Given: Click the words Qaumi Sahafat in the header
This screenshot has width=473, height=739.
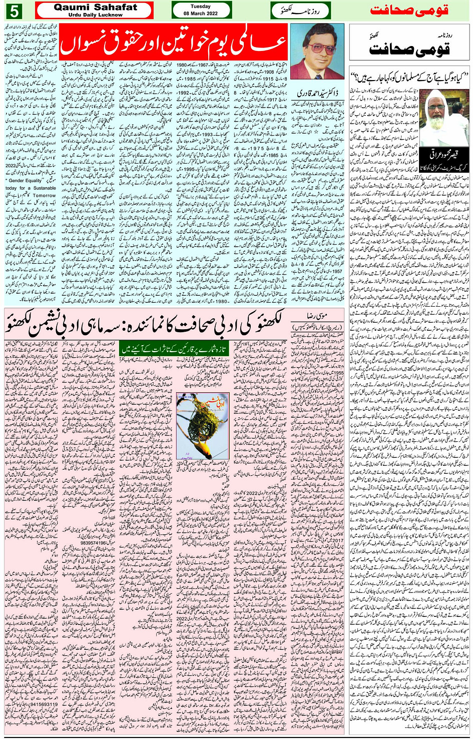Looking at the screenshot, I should pos(95,7).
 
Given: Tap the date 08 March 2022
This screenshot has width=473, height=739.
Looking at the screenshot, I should pos(201,14).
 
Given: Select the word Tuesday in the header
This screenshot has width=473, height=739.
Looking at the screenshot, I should pos(201,7).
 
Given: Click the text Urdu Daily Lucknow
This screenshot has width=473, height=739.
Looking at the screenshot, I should pos(95,15).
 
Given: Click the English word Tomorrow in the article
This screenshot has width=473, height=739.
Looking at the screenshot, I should pos(44,196).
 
